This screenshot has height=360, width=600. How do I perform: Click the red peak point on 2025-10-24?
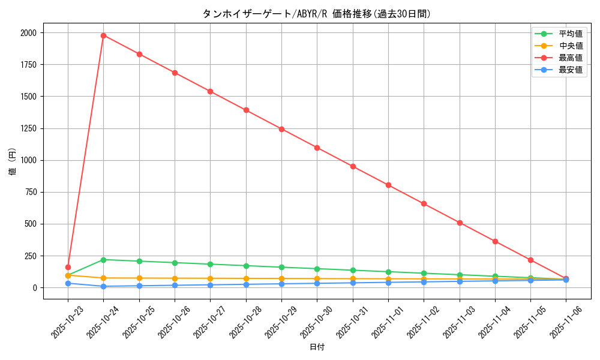tap(103, 35)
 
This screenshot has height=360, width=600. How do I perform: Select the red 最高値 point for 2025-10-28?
tap(246, 110)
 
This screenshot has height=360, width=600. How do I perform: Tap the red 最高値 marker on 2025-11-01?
tap(388, 185)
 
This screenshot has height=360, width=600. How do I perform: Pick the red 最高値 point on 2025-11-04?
tap(495, 241)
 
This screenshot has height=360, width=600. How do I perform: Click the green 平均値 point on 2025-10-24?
tap(103, 260)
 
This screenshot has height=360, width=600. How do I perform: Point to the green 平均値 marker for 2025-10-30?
tap(317, 269)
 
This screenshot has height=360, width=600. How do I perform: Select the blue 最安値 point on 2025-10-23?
tap(68, 283)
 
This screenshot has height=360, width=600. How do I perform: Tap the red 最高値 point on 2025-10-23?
tap(68, 267)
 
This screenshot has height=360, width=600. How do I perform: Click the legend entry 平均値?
tap(570, 34)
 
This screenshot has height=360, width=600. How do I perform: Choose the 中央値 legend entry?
tap(570, 46)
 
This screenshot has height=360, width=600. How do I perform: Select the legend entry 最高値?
tap(570, 58)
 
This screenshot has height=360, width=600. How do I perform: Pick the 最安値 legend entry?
tap(570, 70)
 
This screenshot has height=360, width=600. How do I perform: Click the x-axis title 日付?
tap(316, 347)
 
